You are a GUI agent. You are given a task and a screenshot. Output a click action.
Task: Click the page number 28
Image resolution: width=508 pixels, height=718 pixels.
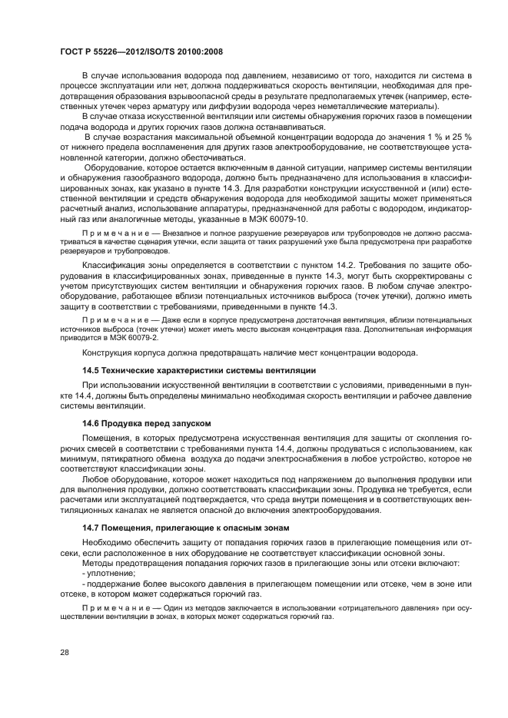coord(64,653)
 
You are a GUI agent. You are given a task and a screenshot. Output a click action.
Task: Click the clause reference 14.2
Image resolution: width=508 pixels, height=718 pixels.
coord(328,266)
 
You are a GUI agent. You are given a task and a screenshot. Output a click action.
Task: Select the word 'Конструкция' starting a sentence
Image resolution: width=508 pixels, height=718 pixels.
coord(109,353)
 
